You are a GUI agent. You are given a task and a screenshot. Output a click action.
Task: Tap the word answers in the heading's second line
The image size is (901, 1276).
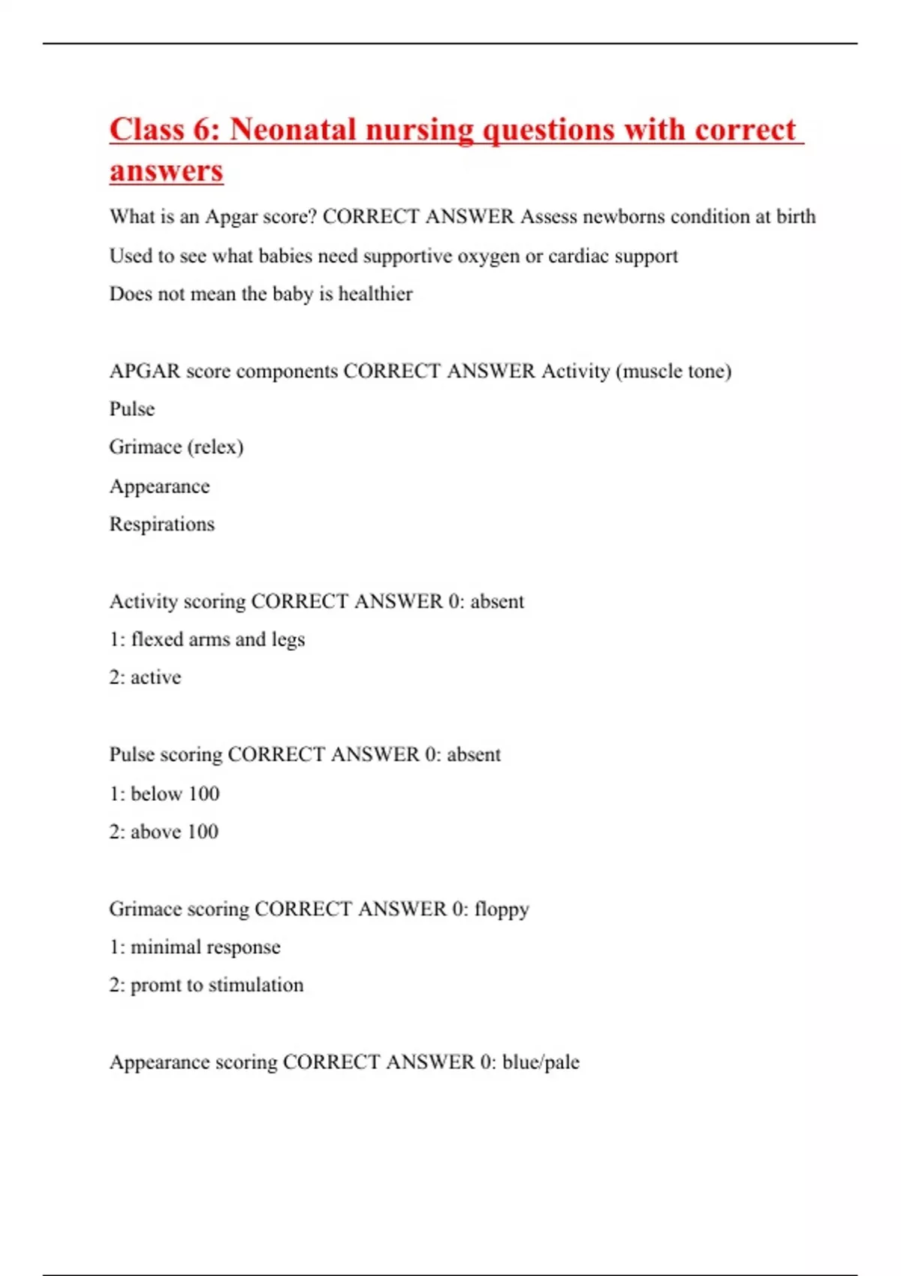166,170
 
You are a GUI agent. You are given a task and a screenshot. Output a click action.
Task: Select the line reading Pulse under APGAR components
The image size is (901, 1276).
132,409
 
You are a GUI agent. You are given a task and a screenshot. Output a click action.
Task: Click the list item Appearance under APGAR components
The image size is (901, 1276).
159,486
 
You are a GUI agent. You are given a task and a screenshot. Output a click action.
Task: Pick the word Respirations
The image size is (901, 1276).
161,524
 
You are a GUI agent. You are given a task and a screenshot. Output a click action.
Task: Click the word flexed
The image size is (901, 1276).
157,640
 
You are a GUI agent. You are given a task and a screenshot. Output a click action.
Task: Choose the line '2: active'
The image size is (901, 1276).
145,678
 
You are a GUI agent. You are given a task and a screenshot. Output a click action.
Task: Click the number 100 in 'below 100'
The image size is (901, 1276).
203,793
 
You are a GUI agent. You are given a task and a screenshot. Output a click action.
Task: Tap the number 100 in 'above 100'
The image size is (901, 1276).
203,832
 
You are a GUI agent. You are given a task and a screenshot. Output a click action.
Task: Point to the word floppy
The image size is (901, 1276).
502,910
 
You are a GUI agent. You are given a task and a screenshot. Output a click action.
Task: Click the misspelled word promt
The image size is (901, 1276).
155,986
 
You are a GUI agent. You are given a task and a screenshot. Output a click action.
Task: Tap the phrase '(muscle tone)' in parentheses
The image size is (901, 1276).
673,371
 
